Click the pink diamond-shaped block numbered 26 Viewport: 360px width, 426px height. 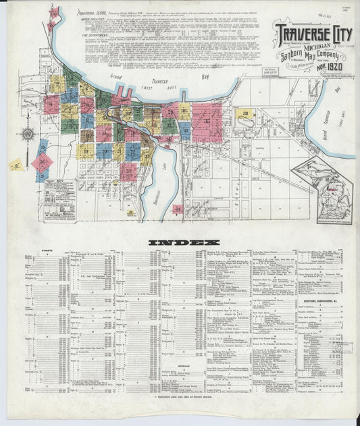43,163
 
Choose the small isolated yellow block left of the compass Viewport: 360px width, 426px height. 14,164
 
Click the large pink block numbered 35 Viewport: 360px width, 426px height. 207,121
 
